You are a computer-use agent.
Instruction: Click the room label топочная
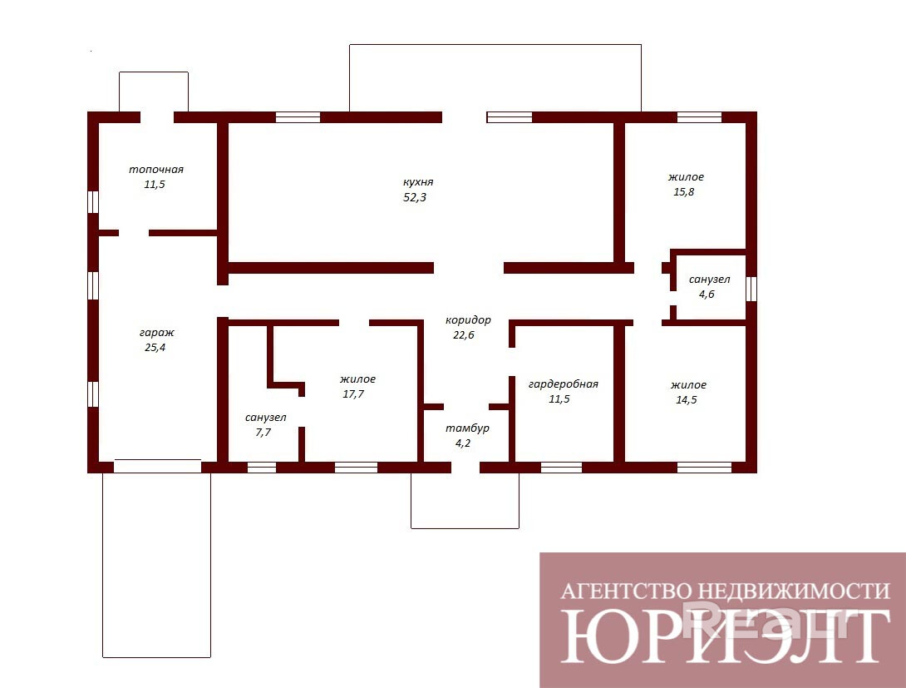[x=156, y=170]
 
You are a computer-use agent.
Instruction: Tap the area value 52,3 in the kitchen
[x=414, y=197]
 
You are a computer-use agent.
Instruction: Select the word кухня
[x=418, y=182]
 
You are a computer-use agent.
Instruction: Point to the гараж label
[x=156, y=333]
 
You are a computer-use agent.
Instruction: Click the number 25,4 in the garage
[x=155, y=348]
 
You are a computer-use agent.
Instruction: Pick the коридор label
[x=468, y=319]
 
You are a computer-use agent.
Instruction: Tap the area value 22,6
[x=464, y=334]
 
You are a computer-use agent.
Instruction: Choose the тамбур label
[x=467, y=428]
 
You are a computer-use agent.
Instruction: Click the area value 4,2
[x=464, y=443]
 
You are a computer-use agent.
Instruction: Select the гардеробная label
[x=564, y=384]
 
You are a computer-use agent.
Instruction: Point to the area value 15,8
[x=683, y=192]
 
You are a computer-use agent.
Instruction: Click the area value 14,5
[x=687, y=399]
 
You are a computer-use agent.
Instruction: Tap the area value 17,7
[x=353, y=394]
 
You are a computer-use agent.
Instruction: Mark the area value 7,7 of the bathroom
[x=263, y=433]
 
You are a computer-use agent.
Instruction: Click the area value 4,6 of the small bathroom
[x=707, y=295]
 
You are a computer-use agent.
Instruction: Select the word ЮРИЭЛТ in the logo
[x=725, y=635]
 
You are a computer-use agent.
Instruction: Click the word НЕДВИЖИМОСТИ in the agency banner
[x=793, y=591]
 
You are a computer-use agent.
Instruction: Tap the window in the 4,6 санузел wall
[x=751, y=289]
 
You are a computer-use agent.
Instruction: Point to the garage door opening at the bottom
[x=157, y=466]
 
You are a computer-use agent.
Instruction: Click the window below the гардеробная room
[x=561, y=468]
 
